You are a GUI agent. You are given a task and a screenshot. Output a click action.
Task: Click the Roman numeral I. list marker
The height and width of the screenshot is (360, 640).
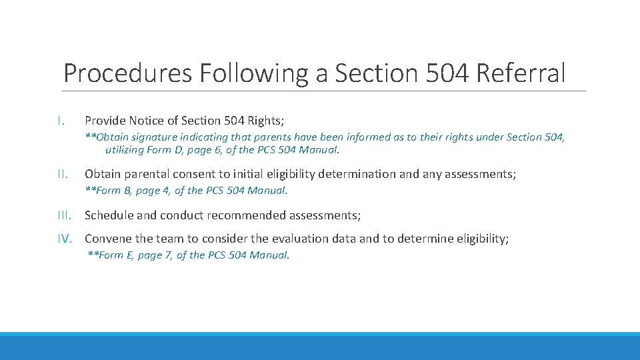click(x=61, y=121)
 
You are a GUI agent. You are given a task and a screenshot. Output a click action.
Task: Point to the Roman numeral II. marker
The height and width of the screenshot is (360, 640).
click(x=61, y=174)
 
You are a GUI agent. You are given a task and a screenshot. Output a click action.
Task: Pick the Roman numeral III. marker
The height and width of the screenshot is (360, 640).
click(x=64, y=215)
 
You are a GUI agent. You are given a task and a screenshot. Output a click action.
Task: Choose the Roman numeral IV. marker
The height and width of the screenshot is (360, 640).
click(x=65, y=239)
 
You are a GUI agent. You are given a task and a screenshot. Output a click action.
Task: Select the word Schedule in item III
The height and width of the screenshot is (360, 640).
click(x=109, y=215)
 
